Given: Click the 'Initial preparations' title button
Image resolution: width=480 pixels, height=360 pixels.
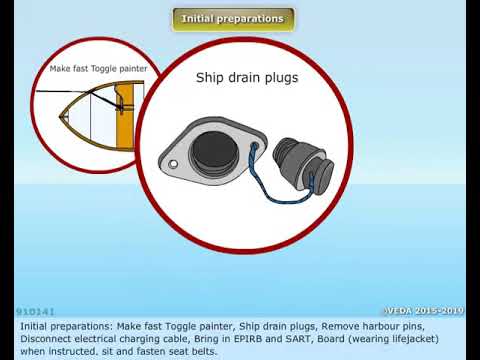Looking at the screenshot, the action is point(233,20).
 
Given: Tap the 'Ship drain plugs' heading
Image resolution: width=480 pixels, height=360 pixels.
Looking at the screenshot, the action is point(247,78).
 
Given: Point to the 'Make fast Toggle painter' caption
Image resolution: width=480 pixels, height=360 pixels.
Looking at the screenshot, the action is point(98,69).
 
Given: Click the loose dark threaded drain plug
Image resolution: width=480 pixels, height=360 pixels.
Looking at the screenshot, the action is point(303,164).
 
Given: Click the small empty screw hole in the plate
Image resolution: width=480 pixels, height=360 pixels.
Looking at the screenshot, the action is point(173,164).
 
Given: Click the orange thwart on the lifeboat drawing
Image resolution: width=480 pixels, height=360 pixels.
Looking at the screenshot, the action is point(126,117).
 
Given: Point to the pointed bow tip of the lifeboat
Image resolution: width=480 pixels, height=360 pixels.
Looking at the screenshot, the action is point(60,116).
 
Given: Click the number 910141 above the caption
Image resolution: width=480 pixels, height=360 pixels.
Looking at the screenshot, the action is point(35,312).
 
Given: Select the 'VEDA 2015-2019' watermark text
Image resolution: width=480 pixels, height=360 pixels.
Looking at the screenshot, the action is point(424,311).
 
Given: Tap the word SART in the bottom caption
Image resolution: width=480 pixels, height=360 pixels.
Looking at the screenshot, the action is point(299,339).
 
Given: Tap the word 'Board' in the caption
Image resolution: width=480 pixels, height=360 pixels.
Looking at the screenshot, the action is point(331,339).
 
